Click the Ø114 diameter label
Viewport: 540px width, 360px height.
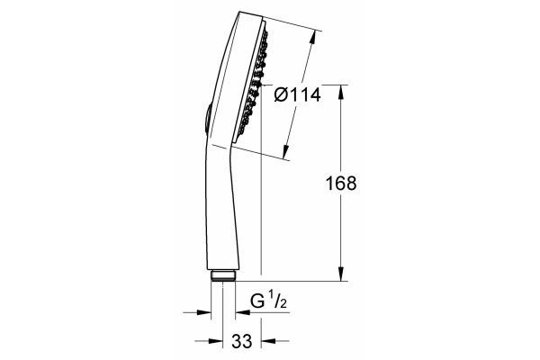(297, 94)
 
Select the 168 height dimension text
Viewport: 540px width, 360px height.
(341, 184)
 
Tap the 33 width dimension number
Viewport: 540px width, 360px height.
(242, 341)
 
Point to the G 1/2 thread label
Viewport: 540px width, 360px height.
(268, 300)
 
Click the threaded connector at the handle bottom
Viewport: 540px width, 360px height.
(223, 275)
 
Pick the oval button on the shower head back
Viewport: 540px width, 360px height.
(207, 118)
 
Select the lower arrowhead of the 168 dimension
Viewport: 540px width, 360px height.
(341, 274)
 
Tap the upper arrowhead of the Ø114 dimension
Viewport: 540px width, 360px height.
(312, 38)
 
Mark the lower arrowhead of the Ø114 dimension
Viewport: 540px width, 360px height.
(286, 152)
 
